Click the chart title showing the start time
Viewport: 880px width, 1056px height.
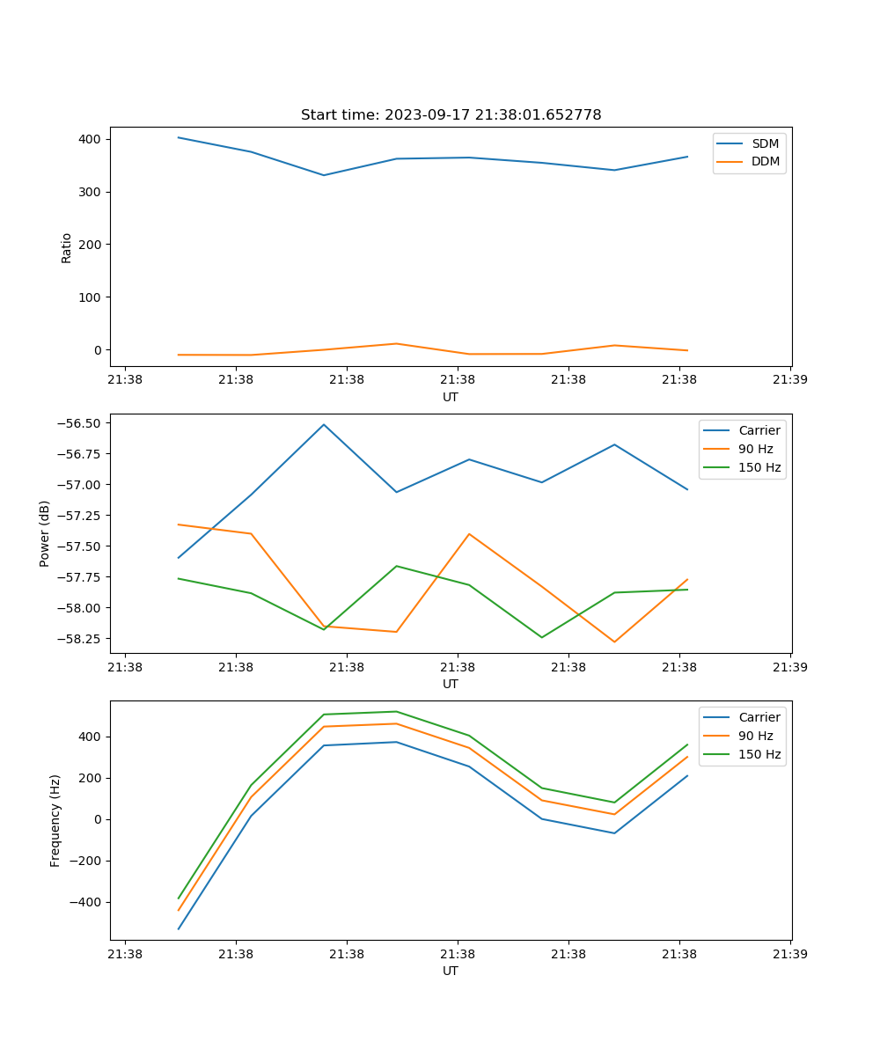[451, 115]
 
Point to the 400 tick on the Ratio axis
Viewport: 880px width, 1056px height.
[91, 139]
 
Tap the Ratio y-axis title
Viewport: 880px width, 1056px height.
[67, 247]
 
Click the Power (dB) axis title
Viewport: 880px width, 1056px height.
[45, 533]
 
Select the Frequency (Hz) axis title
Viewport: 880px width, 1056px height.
[55, 820]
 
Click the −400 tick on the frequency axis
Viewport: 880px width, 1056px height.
[85, 902]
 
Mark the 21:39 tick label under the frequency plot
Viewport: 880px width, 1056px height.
[790, 954]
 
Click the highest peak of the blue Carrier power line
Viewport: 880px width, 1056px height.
[324, 424]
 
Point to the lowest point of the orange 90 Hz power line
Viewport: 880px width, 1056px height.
[614, 642]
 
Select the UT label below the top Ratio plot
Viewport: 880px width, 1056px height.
[451, 398]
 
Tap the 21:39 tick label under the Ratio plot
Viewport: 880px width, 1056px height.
[790, 380]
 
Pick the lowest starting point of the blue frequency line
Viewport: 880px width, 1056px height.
[179, 928]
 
